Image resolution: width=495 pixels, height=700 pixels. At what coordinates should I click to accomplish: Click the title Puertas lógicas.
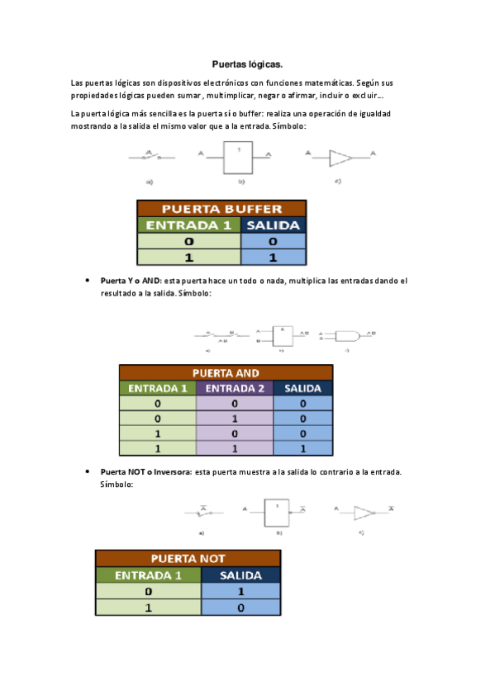pos(247,64)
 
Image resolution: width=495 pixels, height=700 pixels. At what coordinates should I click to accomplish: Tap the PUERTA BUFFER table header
pos(221,209)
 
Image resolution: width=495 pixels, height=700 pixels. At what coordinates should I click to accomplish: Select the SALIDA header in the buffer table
pos(273,225)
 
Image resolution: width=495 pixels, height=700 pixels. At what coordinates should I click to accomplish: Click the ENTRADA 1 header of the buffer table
pos(189,225)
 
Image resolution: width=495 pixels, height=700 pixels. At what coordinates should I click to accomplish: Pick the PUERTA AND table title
pos(226,372)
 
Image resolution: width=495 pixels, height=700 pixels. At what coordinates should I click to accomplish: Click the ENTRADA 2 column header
pos(235,388)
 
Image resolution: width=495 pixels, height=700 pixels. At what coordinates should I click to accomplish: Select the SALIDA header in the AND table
pos(302,388)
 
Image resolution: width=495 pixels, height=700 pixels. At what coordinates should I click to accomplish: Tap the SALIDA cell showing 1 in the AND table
pos(302,448)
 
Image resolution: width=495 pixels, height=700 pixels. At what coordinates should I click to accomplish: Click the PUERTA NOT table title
pos(188,559)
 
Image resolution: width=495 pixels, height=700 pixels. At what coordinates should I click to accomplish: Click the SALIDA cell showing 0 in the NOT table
pos(241,608)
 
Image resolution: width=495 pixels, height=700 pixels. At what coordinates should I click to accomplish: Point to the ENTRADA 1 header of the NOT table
pos(148,575)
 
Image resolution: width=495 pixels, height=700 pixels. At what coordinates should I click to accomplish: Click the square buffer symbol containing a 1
pos(238,156)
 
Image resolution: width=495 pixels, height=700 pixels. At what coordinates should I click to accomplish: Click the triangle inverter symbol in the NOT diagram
pos(364,512)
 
